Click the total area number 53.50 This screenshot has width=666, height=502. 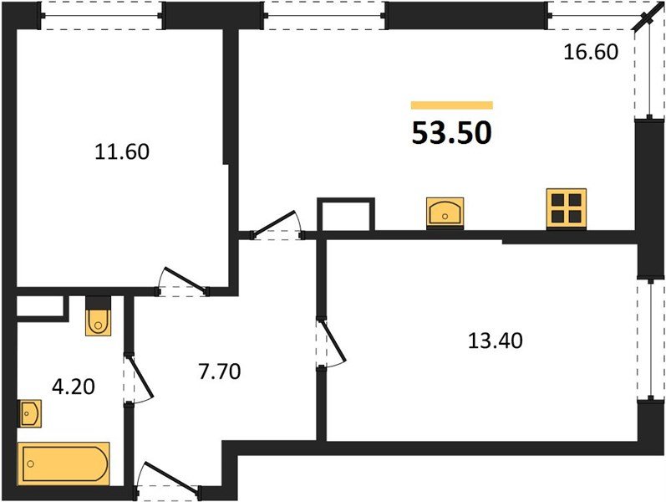coord(451,132)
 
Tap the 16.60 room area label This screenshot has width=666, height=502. coord(590,53)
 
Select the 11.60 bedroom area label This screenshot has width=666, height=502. coord(122,152)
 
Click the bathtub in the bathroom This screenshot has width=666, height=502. coord(64,463)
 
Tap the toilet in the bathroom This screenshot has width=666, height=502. coord(98,318)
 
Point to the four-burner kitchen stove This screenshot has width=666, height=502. coord(566,207)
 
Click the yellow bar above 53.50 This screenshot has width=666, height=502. coord(451,105)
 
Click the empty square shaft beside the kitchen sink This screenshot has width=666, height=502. coord(347,214)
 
